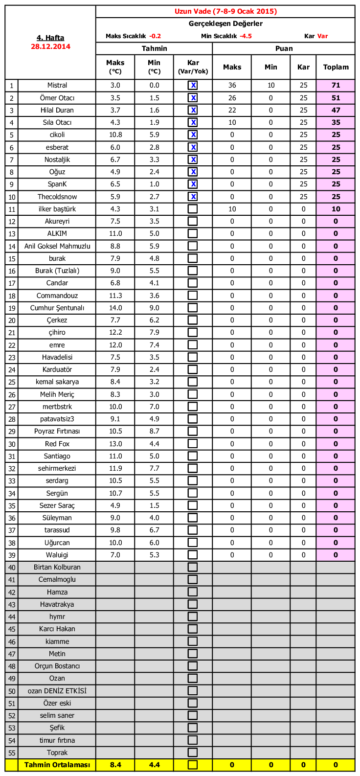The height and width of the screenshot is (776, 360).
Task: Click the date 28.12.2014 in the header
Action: point(50,46)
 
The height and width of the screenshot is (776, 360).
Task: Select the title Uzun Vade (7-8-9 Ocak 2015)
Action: point(225,11)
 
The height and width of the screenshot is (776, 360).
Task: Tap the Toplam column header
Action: point(336,67)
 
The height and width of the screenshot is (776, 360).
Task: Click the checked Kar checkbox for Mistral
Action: point(193,85)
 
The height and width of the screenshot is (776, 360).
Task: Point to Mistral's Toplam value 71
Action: point(336,85)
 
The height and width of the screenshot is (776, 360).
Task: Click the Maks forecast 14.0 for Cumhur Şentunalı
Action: point(115,308)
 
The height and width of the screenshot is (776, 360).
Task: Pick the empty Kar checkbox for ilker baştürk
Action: point(193,209)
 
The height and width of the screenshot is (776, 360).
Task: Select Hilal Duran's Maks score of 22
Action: point(232,110)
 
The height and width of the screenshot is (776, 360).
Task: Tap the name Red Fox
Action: point(57,444)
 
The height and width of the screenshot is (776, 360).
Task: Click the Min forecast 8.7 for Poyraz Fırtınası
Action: point(154,431)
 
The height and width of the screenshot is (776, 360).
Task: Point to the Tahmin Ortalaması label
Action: point(57,765)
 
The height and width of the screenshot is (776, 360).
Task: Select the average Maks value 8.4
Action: point(115,765)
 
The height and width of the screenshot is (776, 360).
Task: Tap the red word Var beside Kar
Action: point(322,36)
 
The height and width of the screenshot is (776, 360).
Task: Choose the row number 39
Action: point(12,555)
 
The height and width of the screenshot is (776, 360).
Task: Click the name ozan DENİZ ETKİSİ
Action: point(57,691)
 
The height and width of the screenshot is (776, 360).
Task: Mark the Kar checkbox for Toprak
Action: point(193,753)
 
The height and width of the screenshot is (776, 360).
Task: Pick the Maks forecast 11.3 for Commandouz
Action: point(115,296)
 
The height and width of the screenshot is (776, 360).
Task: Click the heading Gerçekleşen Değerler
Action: point(225,23)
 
